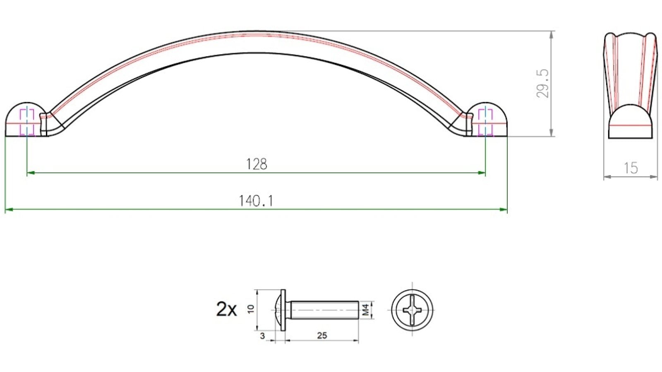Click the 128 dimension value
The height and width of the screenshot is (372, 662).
[257, 165]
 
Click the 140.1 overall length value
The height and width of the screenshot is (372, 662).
[256, 201]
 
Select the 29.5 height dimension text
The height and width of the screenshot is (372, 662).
[542, 83]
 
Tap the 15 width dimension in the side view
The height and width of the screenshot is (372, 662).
[631, 168]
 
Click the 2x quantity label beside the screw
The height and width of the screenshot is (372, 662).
[226, 309]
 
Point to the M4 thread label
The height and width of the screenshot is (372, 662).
[365, 310]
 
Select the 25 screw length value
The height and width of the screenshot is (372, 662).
[322, 336]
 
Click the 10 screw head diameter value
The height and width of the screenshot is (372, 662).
[250, 309]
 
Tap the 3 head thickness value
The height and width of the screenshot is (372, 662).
[262, 336]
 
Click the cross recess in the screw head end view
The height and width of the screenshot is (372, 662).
[412, 310]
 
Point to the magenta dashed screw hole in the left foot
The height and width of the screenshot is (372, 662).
[27, 122]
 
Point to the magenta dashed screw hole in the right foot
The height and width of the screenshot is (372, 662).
[485, 122]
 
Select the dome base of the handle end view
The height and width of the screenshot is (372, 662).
[630, 122]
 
